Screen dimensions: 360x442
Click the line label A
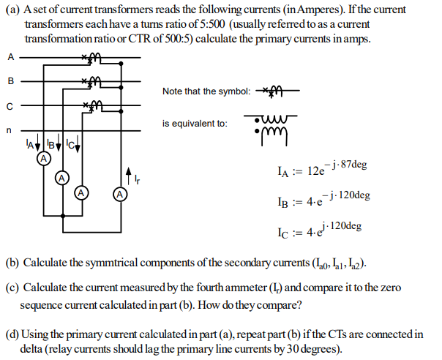tap(10, 56)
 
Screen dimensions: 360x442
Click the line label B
tap(10, 80)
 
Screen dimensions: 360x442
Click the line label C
tap(10, 105)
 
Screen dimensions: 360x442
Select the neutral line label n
tap(10, 130)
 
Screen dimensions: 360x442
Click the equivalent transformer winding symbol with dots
tap(271, 129)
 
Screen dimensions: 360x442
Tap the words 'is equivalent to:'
tap(194, 123)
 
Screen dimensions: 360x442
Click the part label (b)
tap(13, 263)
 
